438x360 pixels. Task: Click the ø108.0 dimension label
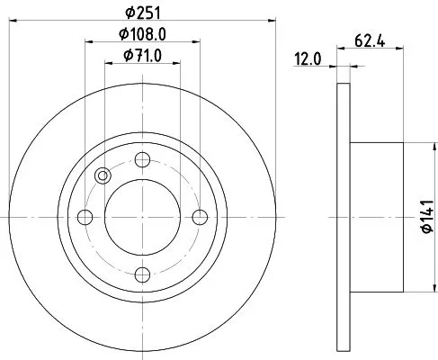[143, 36]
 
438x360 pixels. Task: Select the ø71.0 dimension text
[143, 58]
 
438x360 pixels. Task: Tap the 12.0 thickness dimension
[309, 60]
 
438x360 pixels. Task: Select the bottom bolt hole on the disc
[142, 274]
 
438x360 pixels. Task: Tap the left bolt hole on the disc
[85, 217]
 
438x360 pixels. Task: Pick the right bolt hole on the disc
[200, 217]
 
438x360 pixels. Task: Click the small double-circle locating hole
[102, 175]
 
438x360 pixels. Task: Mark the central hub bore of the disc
[142, 217]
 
